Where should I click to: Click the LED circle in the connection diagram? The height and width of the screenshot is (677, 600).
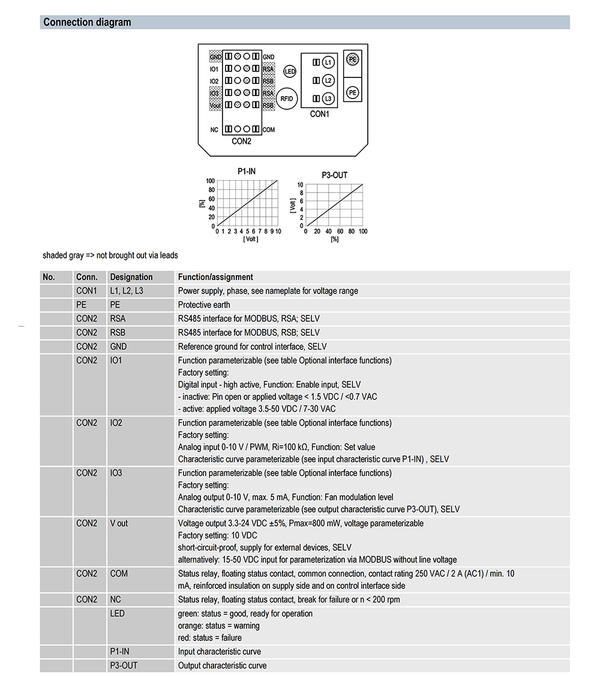(x=290, y=71)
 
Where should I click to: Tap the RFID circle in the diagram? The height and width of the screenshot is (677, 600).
(x=287, y=98)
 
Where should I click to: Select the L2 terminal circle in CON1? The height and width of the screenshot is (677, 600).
(x=327, y=80)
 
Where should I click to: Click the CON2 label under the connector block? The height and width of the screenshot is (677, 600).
(x=241, y=142)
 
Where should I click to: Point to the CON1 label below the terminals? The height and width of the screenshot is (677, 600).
(x=319, y=114)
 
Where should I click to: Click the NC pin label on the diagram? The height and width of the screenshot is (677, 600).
(x=214, y=130)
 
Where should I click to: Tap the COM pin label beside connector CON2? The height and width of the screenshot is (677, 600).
(x=269, y=130)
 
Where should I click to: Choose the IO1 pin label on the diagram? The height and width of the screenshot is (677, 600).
(x=214, y=69)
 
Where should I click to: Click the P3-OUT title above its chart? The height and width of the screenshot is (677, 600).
(x=334, y=175)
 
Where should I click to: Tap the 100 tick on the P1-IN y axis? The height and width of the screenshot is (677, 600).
(x=210, y=181)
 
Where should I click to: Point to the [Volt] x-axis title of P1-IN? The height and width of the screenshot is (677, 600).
(x=250, y=239)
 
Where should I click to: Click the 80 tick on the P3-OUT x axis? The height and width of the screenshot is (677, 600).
(x=352, y=232)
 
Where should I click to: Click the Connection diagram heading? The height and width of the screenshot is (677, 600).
(x=87, y=23)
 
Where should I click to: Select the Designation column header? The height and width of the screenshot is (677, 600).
(x=131, y=277)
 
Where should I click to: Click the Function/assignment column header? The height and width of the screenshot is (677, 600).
(x=215, y=277)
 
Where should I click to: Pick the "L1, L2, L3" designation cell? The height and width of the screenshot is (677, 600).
(x=127, y=291)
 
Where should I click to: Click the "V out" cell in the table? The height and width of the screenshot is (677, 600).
(x=119, y=523)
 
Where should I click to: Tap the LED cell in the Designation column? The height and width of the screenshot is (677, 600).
(x=117, y=613)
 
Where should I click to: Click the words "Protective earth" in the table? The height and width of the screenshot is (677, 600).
(x=204, y=305)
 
